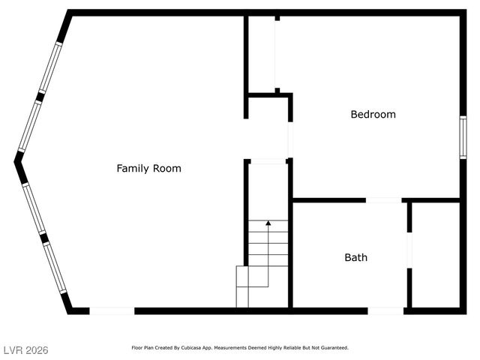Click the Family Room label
148,168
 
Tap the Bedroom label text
373,115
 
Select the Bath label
355,257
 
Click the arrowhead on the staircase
268,223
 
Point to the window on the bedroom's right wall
463,136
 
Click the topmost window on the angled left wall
51,67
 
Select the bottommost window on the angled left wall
55,267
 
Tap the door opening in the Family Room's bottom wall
112,310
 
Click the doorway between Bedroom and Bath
383,200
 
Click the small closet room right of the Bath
435,255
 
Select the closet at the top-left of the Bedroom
261,52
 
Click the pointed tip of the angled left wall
16,159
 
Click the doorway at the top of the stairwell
268,160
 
